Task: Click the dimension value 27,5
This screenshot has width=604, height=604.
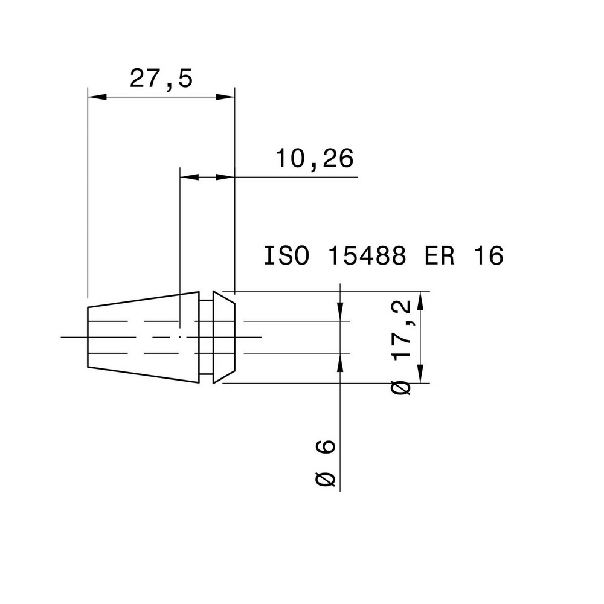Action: [x=161, y=79]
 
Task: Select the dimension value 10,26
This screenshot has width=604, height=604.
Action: [x=314, y=159]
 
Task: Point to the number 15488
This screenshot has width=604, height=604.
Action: [x=366, y=255]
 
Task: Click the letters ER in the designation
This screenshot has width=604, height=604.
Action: [x=437, y=255]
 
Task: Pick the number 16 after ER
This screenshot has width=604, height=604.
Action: [x=488, y=255]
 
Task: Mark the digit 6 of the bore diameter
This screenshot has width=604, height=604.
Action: [x=327, y=447]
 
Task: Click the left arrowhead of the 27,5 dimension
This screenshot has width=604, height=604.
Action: [x=97, y=97]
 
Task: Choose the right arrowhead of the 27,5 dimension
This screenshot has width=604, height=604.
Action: [x=225, y=97]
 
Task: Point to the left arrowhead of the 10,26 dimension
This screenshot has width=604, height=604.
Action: [x=189, y=177]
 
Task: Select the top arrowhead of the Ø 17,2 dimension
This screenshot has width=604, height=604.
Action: [x=421, y=300]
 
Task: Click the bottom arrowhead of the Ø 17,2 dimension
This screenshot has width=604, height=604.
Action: [x=421, y=374]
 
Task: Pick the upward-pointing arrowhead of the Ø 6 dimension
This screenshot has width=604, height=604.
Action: [x=341, y=361]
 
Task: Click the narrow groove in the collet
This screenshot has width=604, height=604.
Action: [x=206, y=337]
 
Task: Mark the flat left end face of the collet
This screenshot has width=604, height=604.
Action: [x=88, y=337]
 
